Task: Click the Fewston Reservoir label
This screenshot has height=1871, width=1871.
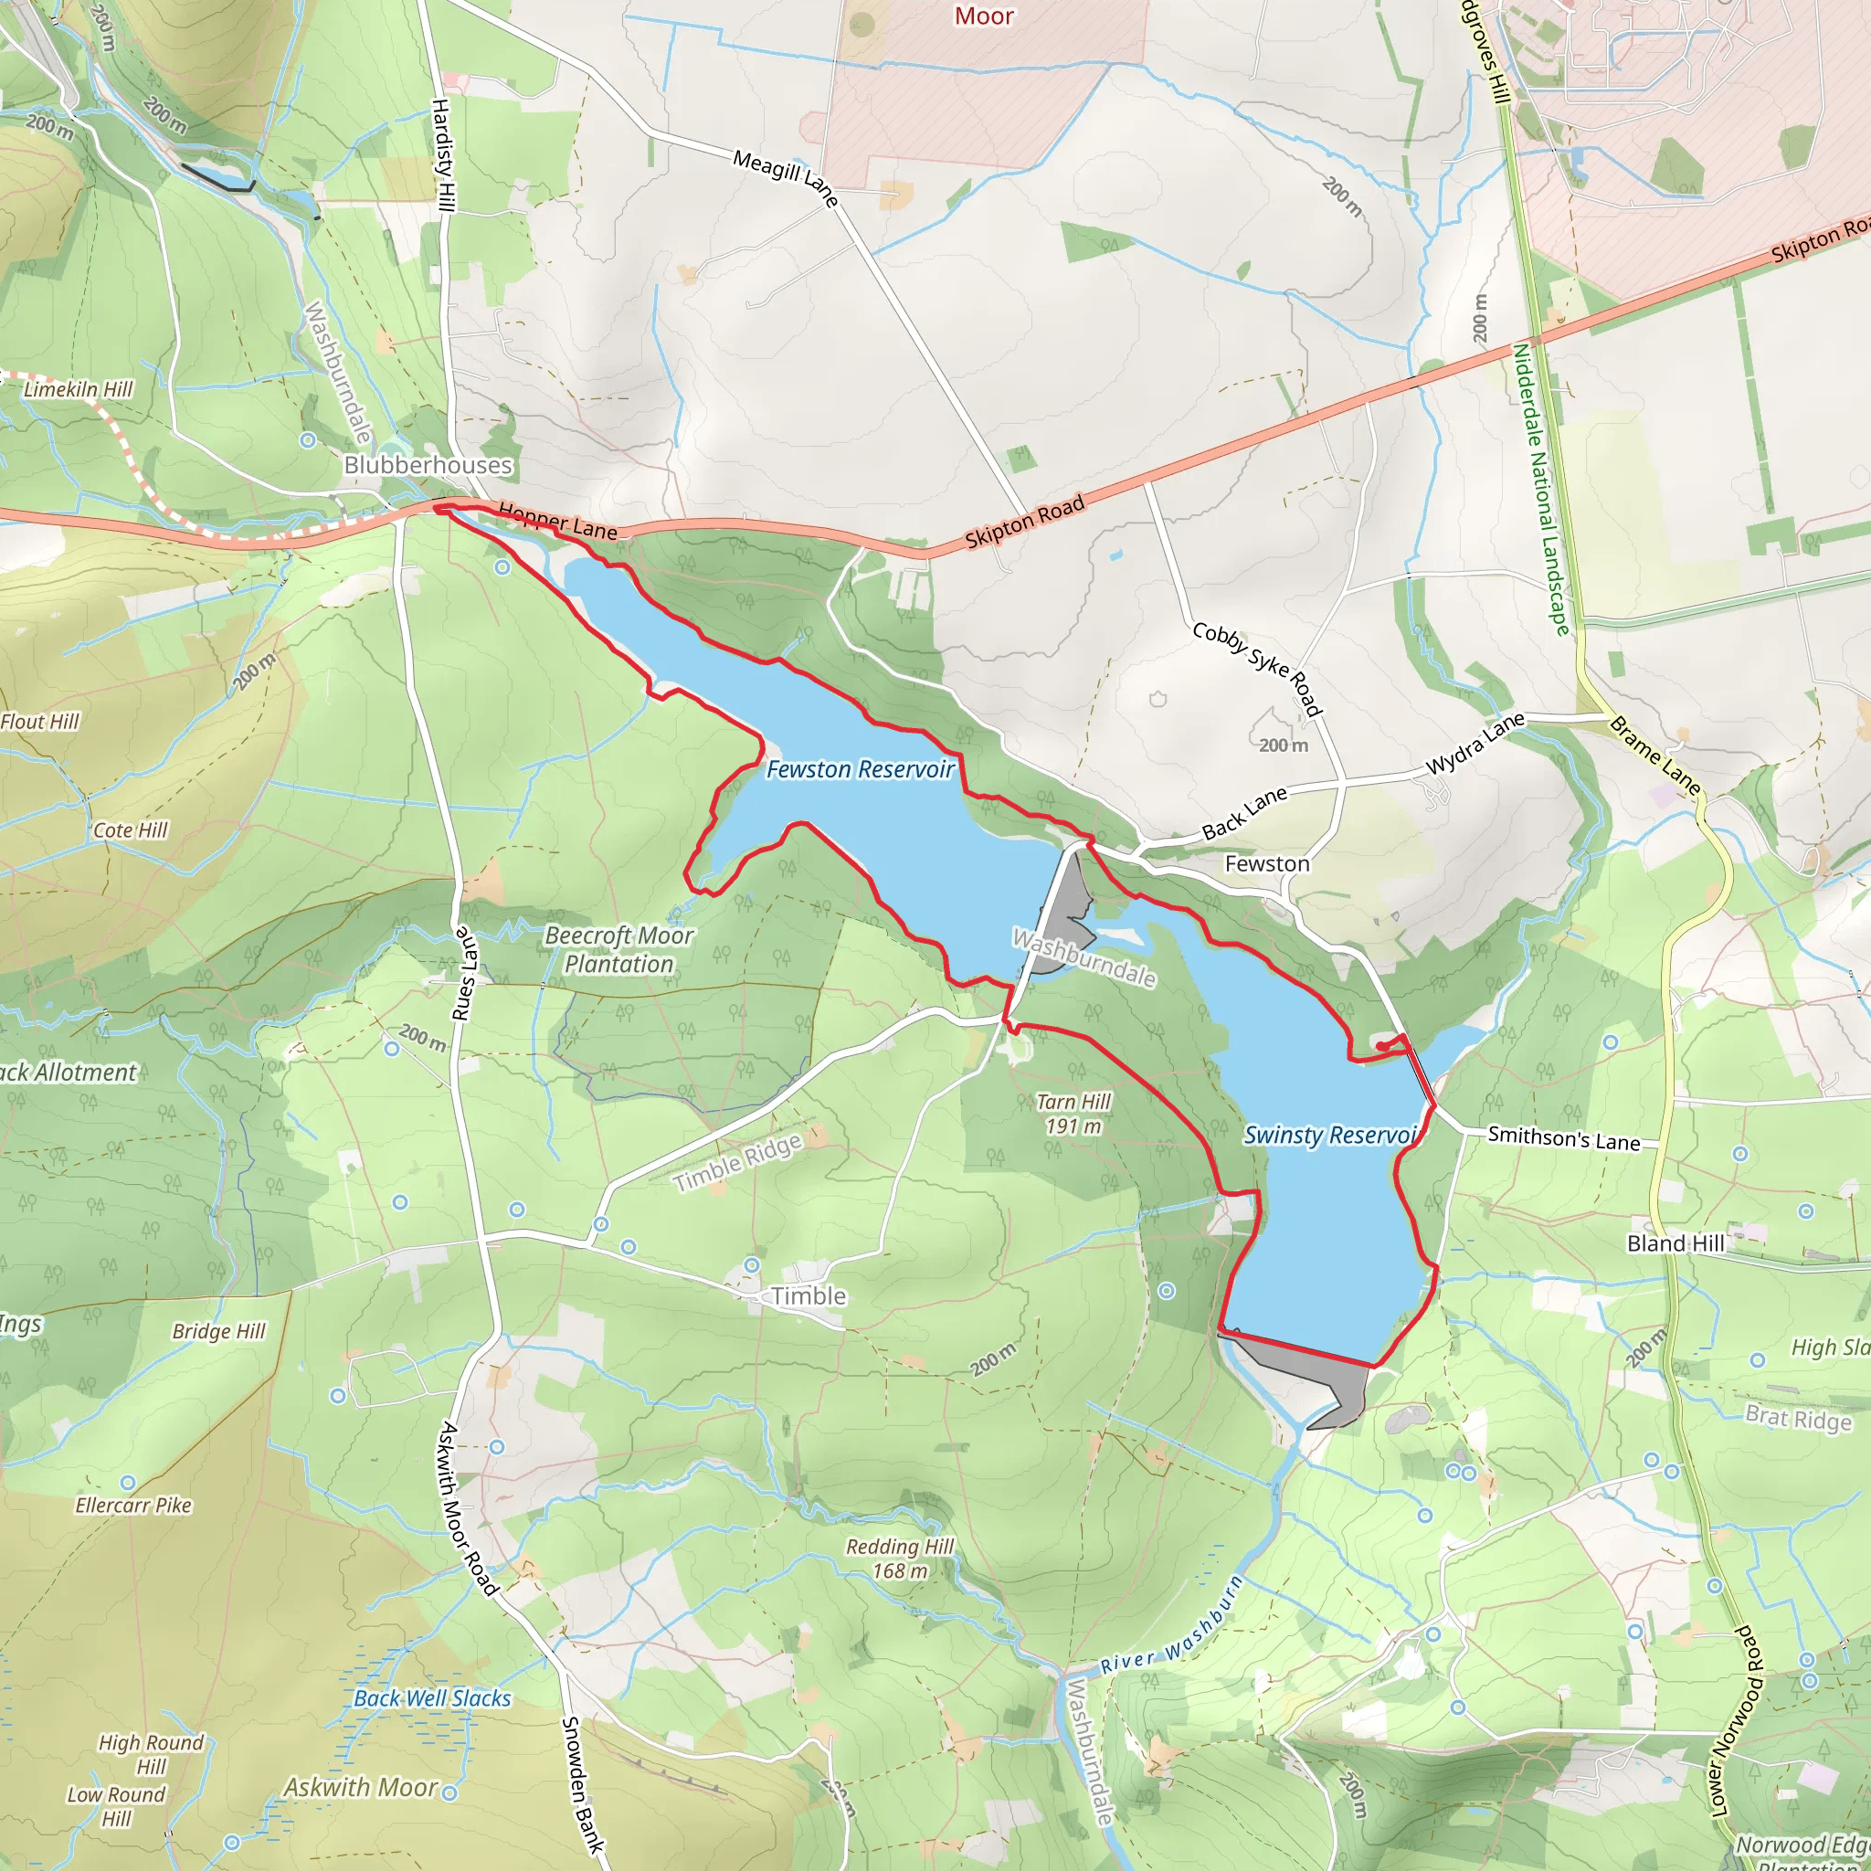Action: pyautogui.click(x=860, y=769)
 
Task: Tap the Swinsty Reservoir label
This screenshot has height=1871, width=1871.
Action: pyautogui.click(x=1329, y=1134)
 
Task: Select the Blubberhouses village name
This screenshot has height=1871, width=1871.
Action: pyautogui.click(x=428, y=465)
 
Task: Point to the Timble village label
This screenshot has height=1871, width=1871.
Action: pyautogui.click(x=809, y=1295)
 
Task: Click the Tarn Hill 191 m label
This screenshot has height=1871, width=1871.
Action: pyautogui.click(x=1073, y=1114)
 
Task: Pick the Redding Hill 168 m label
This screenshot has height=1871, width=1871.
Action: pyautogui.click(x=900, y=1559)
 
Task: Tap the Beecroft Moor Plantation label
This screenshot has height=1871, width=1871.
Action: pyautogui.click(x=618, y=949)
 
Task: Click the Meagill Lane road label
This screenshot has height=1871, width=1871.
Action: pyautogui.click(x=785, y=177)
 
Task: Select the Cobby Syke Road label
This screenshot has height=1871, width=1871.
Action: pyautogui.click(x=1257, y=668)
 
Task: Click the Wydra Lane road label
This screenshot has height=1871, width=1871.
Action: pyautogui.click(x=1475, y=744)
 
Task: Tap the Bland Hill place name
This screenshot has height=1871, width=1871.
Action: pyautogui.click(x=1675, y=1242)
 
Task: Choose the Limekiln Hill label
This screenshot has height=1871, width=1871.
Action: pyautogui.click(x=79, y=389)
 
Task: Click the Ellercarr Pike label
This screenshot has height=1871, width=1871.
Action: pyautogui.click(x=133, y=1505)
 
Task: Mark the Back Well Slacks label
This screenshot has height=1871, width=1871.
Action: pyautogui.click(x=432, y=1697)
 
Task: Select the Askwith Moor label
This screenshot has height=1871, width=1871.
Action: pyautogui.click(x=360, y=1787)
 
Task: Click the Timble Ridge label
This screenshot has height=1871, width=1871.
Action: pyautogui.click(x=738, y=1162)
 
